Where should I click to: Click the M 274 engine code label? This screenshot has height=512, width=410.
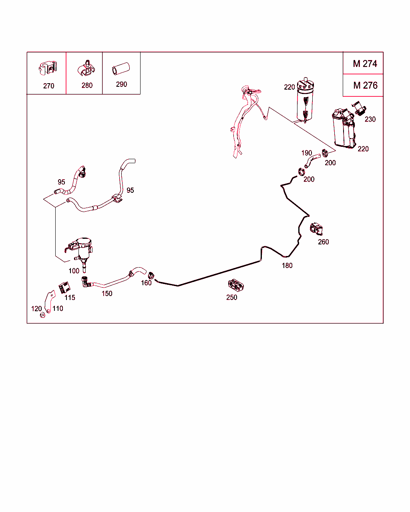tap(365, 64)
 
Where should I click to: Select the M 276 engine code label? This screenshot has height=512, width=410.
tap(365, 86)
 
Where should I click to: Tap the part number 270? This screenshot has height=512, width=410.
tap(48, 86)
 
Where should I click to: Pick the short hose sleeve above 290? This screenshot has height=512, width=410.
tap(121, 69)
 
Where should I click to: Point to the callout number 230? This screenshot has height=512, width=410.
tap(370, 119)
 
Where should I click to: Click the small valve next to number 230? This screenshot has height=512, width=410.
tap(359, 108)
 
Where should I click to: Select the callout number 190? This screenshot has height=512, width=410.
tap(307, 153)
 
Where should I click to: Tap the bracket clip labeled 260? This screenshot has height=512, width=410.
tap(316, 229)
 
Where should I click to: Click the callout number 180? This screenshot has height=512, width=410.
tap(287, 266)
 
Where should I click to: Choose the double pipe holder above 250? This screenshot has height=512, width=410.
tap(235, 285)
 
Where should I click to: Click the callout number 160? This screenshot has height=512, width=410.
tap(146, 283)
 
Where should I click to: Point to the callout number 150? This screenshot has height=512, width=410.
tap(107, 294)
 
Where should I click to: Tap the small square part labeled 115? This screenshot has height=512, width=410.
tap(64, 288)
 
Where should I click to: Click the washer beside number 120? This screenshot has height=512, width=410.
tap(43, 315)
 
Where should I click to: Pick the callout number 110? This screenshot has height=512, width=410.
tap(58, 308)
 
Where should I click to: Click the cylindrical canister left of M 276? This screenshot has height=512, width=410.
tap(305, 100)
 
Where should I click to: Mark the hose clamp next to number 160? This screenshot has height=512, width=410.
tap(151, 276)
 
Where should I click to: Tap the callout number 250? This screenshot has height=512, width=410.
tap(231, 297)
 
